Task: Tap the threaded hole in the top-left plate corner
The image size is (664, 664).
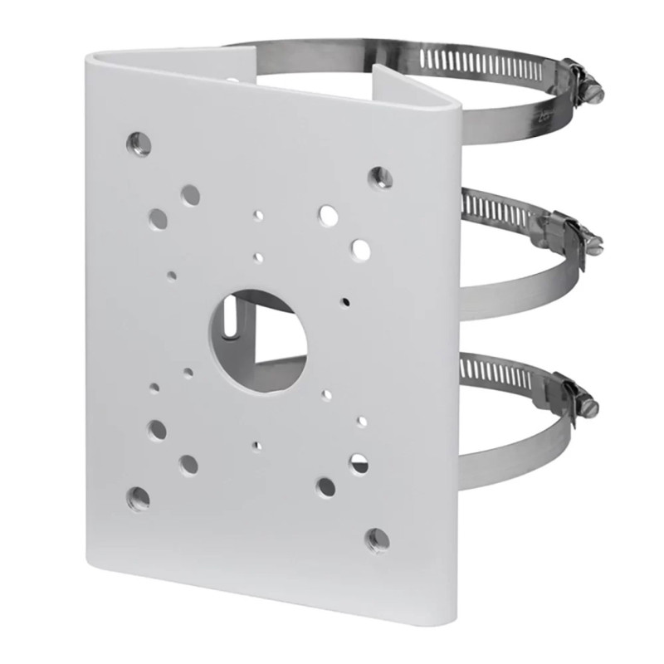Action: coord(139,143)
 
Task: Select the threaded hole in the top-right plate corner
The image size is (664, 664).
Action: coord(380,176)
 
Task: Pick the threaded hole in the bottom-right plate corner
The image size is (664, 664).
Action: coord(378,539)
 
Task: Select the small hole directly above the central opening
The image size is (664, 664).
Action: coord(259,257)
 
